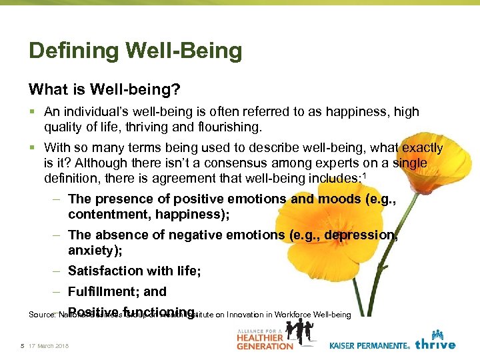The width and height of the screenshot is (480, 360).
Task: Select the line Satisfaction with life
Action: pos(134,271)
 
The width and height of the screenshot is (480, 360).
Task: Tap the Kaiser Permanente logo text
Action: pos(369,345)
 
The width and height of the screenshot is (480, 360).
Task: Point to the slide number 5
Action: pos(22,345)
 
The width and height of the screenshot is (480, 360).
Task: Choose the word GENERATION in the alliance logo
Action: pos(265,345)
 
